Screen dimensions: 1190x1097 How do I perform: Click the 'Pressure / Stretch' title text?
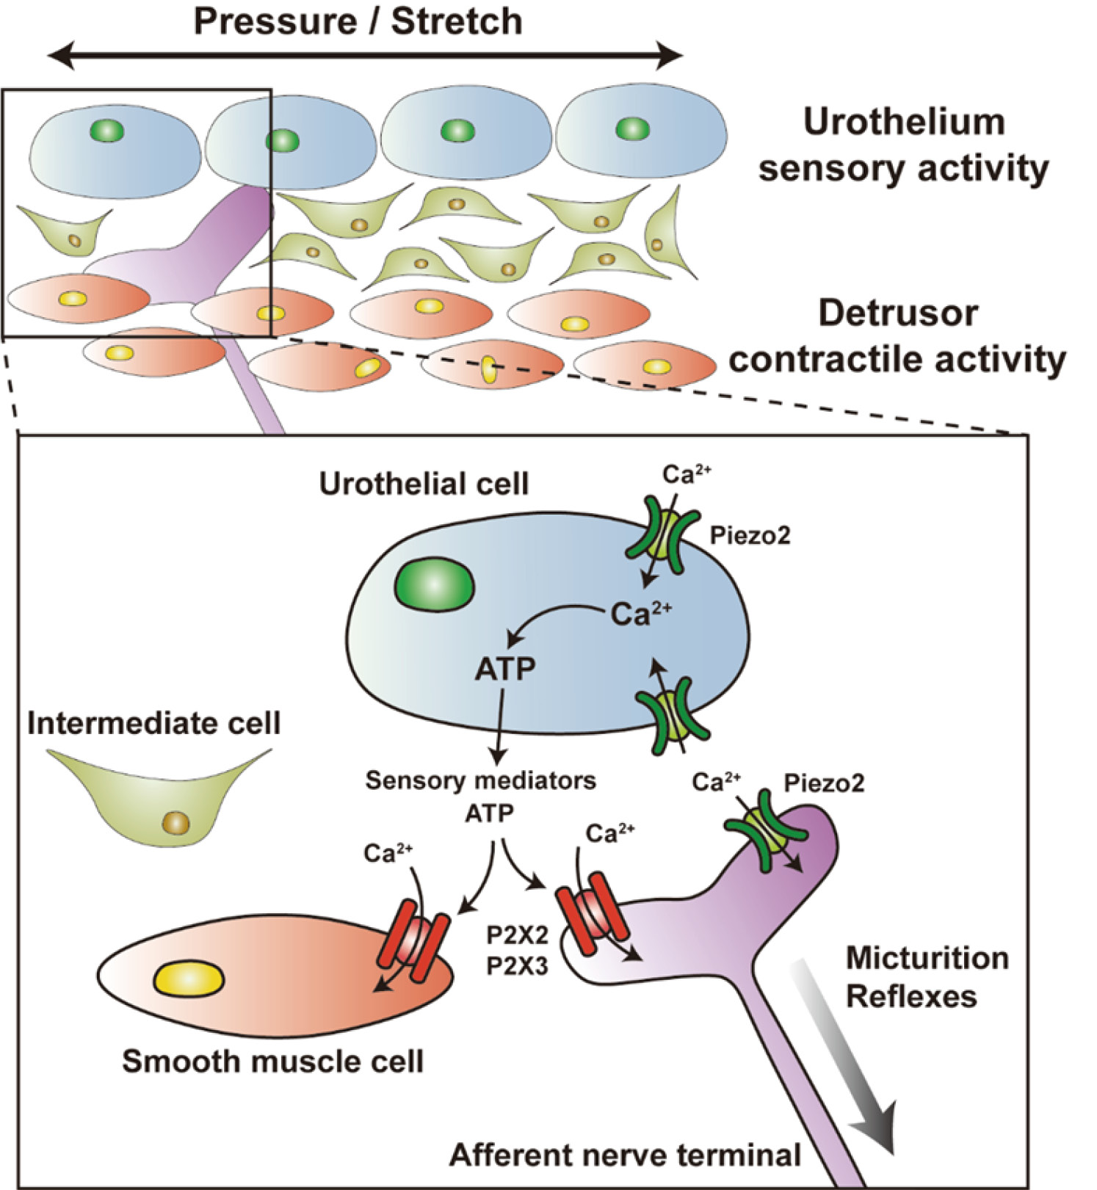point(358,21)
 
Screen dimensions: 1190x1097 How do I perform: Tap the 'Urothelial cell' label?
point(424,485)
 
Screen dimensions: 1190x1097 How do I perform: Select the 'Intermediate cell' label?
point(153,724)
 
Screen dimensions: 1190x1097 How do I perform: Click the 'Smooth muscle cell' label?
point(272,1062)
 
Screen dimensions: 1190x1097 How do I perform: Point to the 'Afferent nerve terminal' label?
point(625,1155)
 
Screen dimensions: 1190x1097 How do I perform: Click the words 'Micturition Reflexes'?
point(927,977)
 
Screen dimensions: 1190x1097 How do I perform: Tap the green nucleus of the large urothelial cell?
point(435,585)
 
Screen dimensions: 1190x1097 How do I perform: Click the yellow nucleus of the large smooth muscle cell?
point(189,979)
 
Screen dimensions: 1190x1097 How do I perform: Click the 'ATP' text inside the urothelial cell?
point(505,669)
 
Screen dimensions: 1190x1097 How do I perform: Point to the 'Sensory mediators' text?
point(480,780)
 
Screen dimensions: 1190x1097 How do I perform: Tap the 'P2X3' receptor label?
point(517,967)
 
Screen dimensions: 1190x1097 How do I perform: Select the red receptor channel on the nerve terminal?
point(592,913)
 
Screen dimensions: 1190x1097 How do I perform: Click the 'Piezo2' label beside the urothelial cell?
point(750,536)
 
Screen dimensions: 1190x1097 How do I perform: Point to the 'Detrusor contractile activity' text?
point(897,336)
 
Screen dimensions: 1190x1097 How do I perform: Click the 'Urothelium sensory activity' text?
point(903,145)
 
